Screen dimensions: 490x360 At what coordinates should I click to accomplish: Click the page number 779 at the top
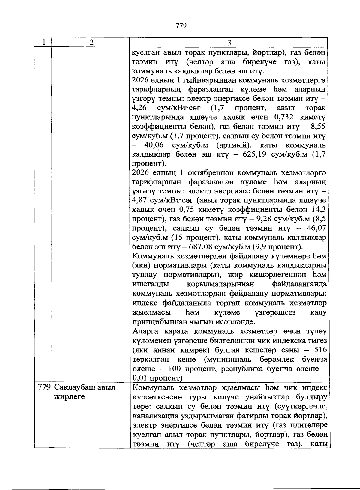click(x=181, y=26)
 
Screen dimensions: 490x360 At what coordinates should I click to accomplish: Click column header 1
click(x=43, y=42)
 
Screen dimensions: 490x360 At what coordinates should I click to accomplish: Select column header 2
click(x=91, y=42)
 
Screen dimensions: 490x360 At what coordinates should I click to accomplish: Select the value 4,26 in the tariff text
click(x=139, y=108)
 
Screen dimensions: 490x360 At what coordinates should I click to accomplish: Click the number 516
click(x=320, y=350)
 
